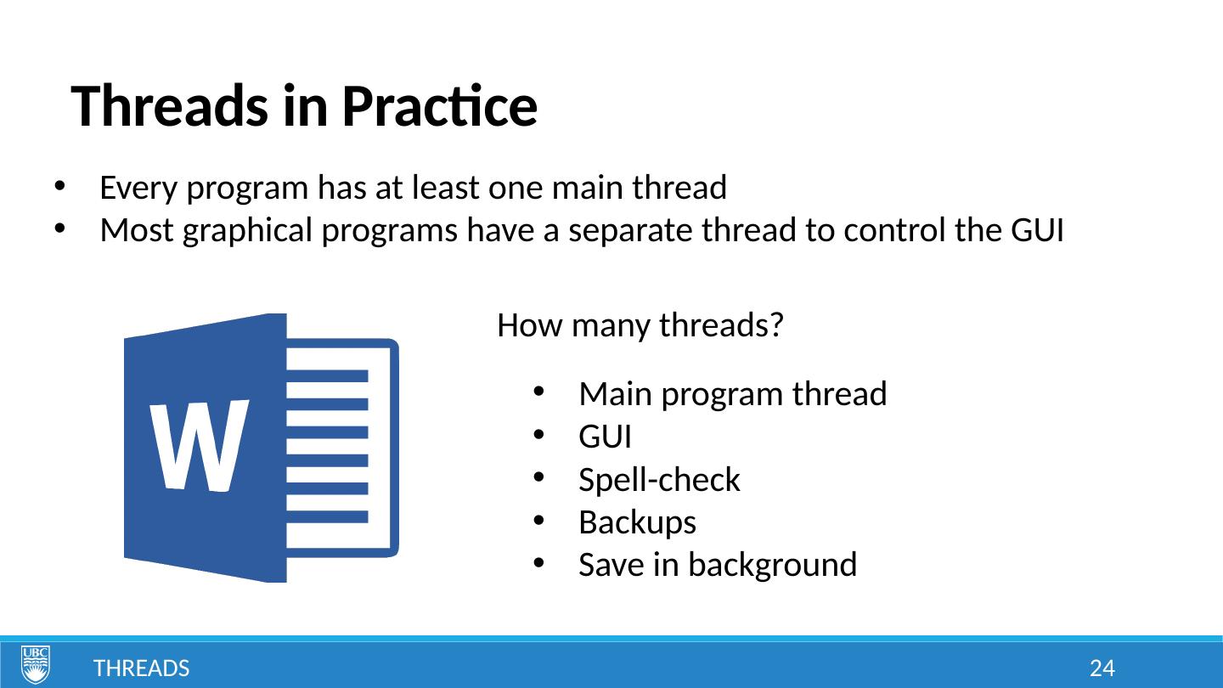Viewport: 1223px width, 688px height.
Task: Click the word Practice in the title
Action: click(x=440, y=105)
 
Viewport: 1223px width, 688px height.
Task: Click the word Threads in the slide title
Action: click(x=169, y=105)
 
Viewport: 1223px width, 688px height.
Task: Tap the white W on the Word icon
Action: click(x=198, y=446)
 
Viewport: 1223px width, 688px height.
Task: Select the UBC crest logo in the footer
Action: click(x=36, y=664)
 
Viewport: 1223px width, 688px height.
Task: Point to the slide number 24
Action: click(x=1102, y=668)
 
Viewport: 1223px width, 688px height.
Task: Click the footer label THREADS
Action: click(x=141, y=668)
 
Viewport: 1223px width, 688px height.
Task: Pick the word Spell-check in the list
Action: click(x=659, y=479)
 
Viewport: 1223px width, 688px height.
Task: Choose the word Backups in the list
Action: click(x=637, y=522)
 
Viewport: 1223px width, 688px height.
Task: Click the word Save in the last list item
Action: click(x=611, y=564)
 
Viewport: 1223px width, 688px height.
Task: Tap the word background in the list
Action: click(x=772, y=564)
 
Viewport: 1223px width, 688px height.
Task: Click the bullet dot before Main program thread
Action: click(x=538, y=392)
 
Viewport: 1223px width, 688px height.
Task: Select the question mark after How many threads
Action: click(x=776, y=324)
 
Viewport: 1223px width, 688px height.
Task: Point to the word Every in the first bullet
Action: click(x=138, y=188)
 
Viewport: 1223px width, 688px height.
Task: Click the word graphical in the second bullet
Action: click(x=247, y=230)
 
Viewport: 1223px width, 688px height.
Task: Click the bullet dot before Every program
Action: click(x=59, y=186)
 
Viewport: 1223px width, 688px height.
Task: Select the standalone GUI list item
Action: click(x=605, y=437)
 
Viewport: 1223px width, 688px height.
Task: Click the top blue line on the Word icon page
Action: click(x=328, y=376)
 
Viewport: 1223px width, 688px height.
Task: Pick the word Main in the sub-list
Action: click(x=615, y=394)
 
